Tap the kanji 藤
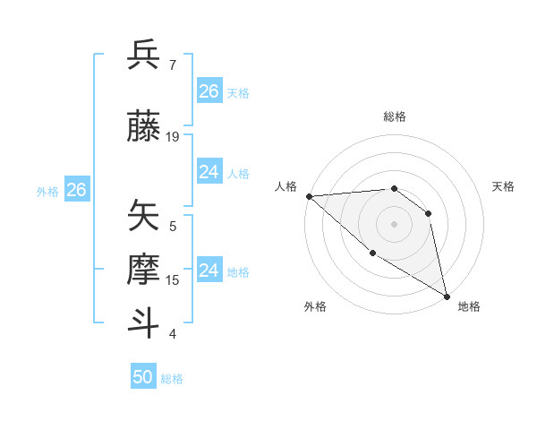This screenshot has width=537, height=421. [x=143, y=126]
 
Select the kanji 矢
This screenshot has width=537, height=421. [x=143, y=216]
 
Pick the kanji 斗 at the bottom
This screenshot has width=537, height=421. [x=143, y=323]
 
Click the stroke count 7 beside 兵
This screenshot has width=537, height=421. [x=173, y=64]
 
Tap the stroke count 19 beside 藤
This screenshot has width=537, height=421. [x=173, y=136]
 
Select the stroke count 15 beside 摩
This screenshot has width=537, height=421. [x=173, y=279]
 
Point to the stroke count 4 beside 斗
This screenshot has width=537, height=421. [x=173, y=333]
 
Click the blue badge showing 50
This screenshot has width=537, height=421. [x=143, y=377]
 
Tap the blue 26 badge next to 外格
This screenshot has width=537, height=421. [x=76, y=190]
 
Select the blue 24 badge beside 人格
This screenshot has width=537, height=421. [x=209, y=172]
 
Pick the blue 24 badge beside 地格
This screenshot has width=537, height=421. [x=209, y=270]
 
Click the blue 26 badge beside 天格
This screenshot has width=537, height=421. [x=209, y=91]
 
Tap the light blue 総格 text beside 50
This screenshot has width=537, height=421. [x=172, y=379]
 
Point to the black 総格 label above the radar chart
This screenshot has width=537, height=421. [x=394, y=116]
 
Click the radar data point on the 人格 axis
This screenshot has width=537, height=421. [x=309, y=196]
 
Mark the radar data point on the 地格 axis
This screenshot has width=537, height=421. [x=447, y=296]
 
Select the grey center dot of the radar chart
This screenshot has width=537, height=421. [x=394, y=223]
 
